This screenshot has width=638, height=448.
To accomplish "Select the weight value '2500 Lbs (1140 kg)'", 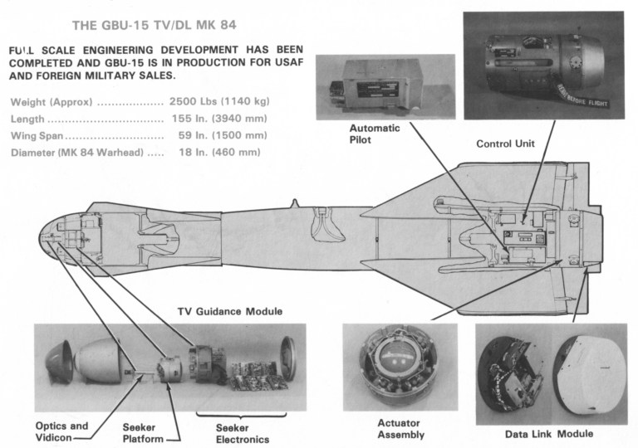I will [218, 102].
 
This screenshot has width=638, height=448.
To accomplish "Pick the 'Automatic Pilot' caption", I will [374, 135].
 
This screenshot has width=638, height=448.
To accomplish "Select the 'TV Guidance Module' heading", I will [230, 311].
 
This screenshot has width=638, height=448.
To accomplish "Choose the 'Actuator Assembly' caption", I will [400, 429].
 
